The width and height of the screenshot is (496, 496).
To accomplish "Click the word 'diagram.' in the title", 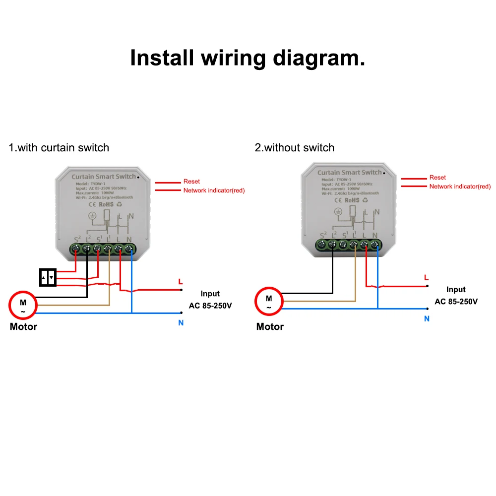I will (x=319, y=59).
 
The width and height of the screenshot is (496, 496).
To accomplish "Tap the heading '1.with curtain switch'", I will (x=59, y=147).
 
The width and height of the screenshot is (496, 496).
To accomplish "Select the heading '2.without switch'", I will (x=295, y=148).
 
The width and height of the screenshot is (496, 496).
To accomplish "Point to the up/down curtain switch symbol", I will (x=48, y=278).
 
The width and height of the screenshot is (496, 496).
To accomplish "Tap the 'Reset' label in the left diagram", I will (x=191, y=182).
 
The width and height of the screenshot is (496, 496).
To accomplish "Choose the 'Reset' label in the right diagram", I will (x=437, y=178).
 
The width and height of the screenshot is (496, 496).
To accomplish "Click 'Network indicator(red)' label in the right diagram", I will (x=460, y=186).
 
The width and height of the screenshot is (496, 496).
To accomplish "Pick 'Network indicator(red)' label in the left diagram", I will (x=214, y=190).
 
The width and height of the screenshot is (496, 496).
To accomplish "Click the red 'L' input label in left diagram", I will (x=181, y=282).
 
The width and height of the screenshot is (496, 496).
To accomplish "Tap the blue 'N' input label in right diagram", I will (x=427, y=319).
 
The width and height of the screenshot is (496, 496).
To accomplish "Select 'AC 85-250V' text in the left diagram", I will (x=210, y=306).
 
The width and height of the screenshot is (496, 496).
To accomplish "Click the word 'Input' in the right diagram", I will (x=456, y=290).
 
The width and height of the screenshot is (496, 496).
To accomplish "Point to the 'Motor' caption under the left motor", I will (x=23, y=327).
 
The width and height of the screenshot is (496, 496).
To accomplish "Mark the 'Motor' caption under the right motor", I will (x=270, y=327).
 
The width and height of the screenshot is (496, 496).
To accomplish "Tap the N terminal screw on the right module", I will (x=375, y=244).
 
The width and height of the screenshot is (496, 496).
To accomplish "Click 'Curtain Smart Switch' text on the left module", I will (x=103, y=177).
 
